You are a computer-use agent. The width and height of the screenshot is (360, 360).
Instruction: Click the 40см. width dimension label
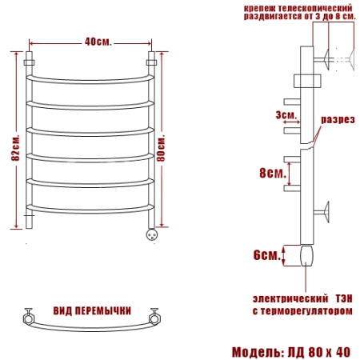[x=98, y=42]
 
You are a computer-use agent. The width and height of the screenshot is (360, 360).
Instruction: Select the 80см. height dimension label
[x=161, y=148]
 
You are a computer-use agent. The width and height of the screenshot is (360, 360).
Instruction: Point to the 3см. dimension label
[x=286, y=115]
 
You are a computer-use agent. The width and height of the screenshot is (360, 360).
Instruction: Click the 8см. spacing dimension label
[x=273, y=173]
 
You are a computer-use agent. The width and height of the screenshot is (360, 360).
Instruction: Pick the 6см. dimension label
[x=267, y=255]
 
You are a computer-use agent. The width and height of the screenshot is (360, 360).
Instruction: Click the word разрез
[x=338, y=119]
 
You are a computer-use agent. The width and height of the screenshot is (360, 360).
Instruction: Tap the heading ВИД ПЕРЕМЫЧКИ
[x=92, y=310]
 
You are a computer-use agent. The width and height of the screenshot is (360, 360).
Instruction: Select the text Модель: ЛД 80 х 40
[x=291, y=352]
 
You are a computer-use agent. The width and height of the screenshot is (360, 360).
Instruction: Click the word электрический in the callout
[x=290, y=298]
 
